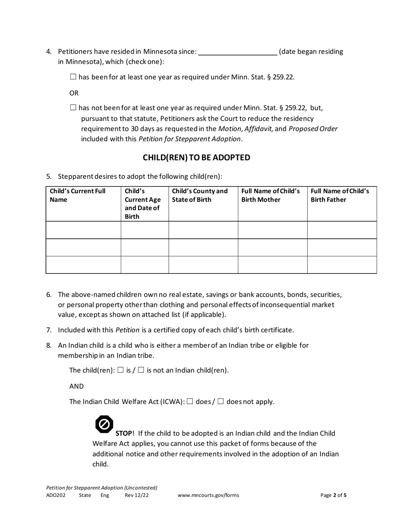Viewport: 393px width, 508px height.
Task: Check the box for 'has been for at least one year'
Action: point(73,76)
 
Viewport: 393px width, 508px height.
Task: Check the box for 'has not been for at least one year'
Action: point(73,108)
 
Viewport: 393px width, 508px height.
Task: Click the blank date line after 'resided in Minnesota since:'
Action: point(238,52)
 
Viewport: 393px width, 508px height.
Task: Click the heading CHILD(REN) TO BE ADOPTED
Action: point(196,157)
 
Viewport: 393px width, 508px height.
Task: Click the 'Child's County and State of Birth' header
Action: point(199,195)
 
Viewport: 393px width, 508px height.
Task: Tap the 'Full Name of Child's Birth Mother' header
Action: point(271,195)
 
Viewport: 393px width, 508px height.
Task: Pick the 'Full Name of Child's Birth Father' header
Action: point(340,195)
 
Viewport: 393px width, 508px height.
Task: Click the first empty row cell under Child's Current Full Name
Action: point(83,230)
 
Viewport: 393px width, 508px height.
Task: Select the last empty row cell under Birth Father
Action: point(342,265)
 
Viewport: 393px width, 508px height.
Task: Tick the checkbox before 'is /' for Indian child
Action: point(120,370)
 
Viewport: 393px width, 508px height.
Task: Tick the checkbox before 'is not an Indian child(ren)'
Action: point(141,370)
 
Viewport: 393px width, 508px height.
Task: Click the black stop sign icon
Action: point(104,424)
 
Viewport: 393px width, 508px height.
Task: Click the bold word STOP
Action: point(124,433)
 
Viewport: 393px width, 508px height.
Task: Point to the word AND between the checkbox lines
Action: point(77,386)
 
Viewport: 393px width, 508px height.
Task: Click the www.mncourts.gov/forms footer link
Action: point(208,495)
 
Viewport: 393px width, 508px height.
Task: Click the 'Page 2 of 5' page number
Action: point(333,495)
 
